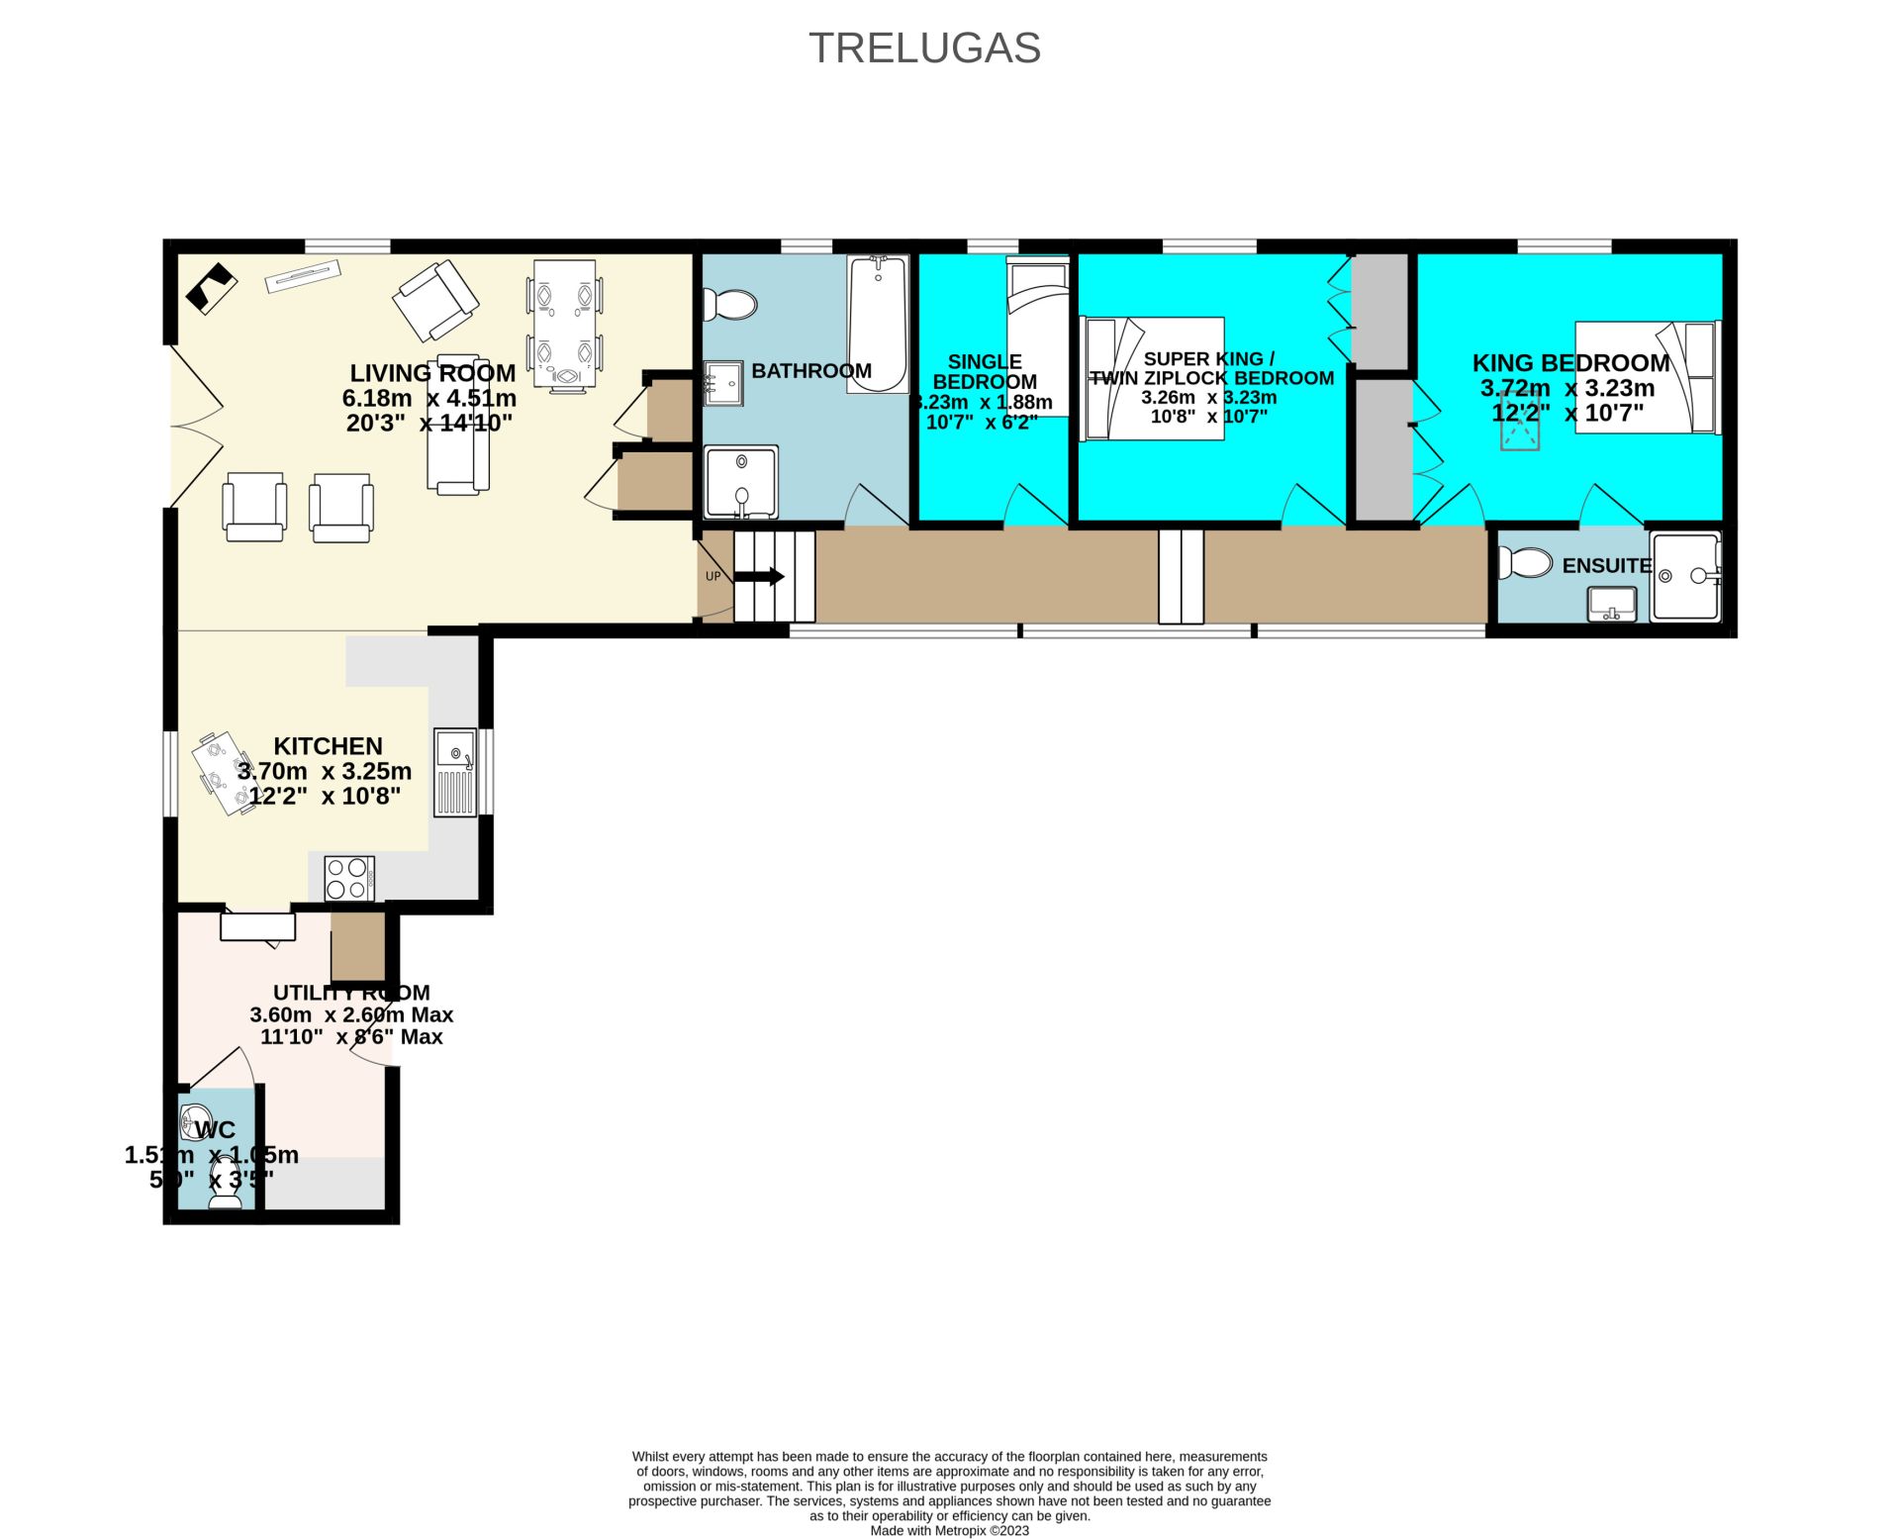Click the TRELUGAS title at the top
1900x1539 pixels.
pyautogui.click(x=924, y=48)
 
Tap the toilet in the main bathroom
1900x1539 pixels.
pyautogui.click(x=731, y=304)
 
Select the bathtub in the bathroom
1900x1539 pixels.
pyautogui.click(x=878, y=325)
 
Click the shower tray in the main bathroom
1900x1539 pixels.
pyautogui.click(x=741, y=482)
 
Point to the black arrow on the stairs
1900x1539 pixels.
pyautogui.click(x=760, y=577)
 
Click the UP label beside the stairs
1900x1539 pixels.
pyautogui.click(x=712, y=577)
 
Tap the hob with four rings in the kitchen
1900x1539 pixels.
pyautogui.click(x=349, y=879)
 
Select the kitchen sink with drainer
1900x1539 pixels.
pyautogui.click(x=455, y=773)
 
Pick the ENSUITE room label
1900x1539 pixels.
pyautogui.click(x=1606, y=566)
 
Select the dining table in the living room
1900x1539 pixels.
pyautogui.click(x=564, y=323)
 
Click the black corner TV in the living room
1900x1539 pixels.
pyautogui.click(x=211, y=288)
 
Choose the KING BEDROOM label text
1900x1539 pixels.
pyautogui.click(x=1570, y=363)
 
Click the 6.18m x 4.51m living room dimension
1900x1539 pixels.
pyautogui.click(x=429, y=399)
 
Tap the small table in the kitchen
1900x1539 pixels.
pyautogui.click(x=228, y=774)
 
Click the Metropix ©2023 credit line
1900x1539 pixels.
pyautogui.click(x=949, y=1530)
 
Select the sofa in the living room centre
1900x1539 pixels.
pyautogui.click(x=458, y=424)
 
